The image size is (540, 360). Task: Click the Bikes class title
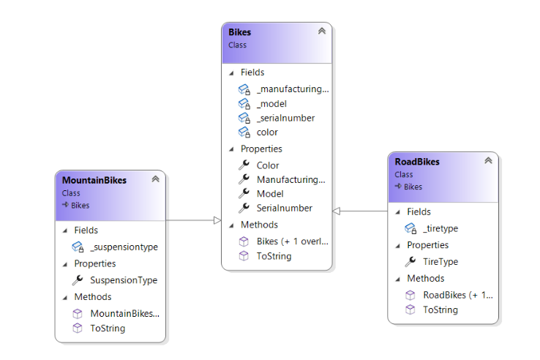[239, 32]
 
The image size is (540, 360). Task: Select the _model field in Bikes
[271, 104]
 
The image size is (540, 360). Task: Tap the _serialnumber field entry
[285, 118]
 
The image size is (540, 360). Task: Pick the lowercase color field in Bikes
[267, 132]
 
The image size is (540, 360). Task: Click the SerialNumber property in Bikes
[284, 208]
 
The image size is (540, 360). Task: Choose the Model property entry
[270, 194]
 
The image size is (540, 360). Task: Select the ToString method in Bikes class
[274, 256]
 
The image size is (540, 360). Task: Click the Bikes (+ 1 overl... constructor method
[292, 241]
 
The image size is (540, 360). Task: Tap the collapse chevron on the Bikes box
[321, 31]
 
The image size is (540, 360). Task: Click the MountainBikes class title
[94, 180]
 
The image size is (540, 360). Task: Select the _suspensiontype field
[123, 247]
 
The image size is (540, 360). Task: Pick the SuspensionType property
[123, 280]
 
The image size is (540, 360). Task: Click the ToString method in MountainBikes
[107, 329]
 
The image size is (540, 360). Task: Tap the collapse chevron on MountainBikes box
[155, 179]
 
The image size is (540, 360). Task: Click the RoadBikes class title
[417, 162]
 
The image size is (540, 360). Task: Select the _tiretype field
[440, 228]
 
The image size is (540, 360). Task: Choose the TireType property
[440, 261]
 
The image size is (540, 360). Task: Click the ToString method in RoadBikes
[440, 310]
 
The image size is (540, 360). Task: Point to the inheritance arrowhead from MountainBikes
[217, 220]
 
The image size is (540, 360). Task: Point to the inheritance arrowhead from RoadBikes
[337, 211]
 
